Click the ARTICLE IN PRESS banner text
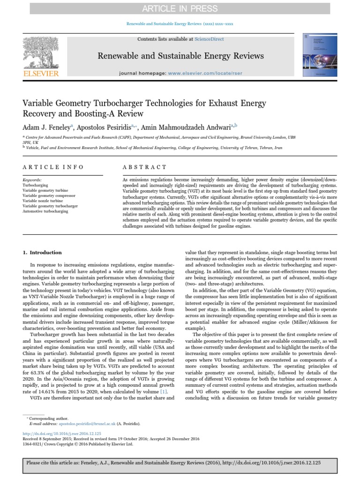point(180,8)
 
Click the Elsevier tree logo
point(41,52)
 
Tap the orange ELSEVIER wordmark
point(41,74)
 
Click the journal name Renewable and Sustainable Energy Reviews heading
point(180,56)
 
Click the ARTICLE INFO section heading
point(53,167)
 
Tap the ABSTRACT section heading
point(144,167)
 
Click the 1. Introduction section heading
point(42,253)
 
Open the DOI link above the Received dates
point(62,434)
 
